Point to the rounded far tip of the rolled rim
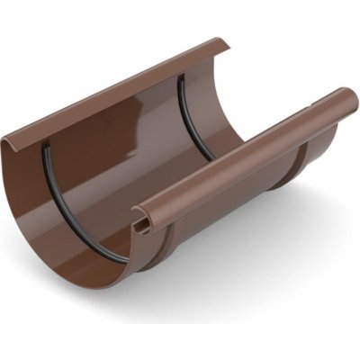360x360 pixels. [350, 98]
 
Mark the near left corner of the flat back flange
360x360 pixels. [7, 141]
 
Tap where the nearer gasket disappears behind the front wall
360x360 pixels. [135, 261]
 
